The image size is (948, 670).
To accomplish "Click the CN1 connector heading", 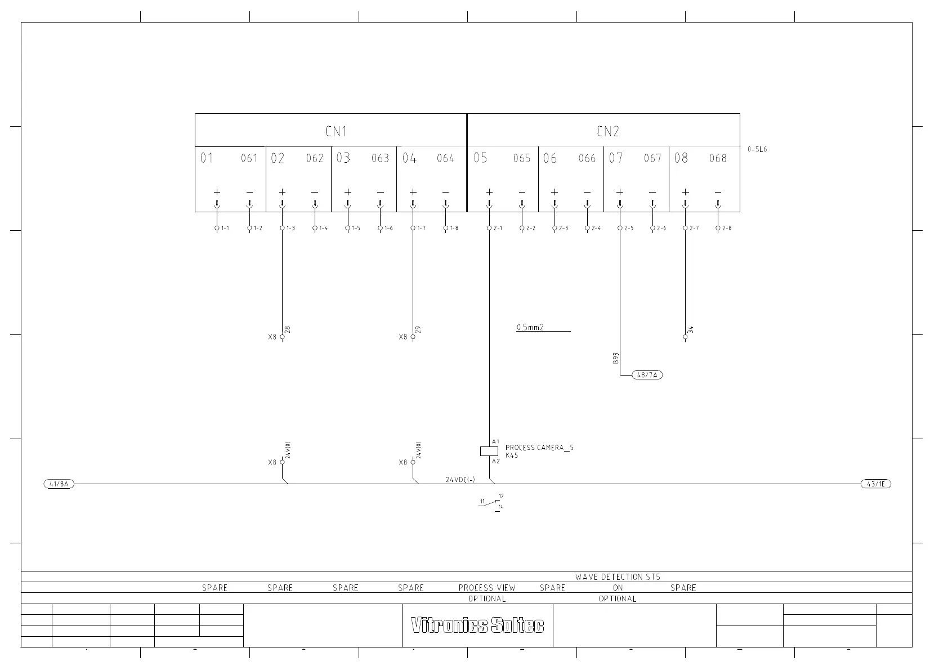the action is (336, 131).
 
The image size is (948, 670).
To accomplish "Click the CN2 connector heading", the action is (607, 131).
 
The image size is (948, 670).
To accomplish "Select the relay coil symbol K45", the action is (489, 451).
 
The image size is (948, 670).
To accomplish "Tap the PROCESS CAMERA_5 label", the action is (539, 448).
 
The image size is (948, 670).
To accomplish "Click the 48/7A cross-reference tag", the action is (647, 375).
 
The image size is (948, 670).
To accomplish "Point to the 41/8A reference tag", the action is (59, 484).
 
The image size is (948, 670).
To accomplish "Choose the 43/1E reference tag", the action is (876, 484).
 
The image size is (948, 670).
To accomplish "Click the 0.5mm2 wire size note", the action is (530, 327).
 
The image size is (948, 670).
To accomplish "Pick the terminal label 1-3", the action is (290, 228).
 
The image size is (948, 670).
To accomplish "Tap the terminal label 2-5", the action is (629, 228).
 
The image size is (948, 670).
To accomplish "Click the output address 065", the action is (522, 158).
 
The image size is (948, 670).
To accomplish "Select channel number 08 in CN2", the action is (681, 158).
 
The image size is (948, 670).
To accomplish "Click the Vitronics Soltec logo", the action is (477, 626).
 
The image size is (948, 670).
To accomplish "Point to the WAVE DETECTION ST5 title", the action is (618, 577).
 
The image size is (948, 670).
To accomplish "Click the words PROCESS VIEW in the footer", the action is (487, 588).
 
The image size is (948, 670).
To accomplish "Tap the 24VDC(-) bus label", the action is (460, 480).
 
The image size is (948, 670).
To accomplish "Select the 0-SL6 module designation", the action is (757, 150).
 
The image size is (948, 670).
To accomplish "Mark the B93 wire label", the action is (616, 358).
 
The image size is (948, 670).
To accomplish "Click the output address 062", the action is (315, 158).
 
